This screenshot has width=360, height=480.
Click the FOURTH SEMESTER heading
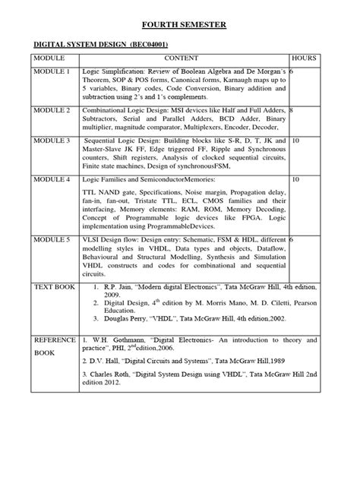point(180,25)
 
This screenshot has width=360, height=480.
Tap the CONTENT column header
point(181,58)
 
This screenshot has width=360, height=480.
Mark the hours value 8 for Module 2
point(292,110)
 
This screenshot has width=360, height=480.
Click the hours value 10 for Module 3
point(295,141)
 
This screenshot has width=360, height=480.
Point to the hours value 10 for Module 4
point(295,180)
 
